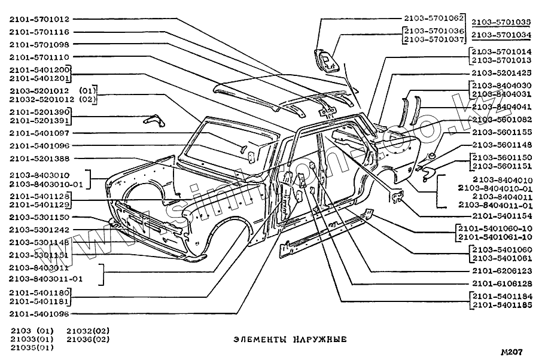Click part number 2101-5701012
tap(39, 19)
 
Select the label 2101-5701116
tap(39, 32)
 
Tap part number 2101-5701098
tap(39, 44)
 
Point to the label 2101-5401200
tap(39, 69)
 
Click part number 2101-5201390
tap(39, 112)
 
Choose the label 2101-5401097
tap(39, 133)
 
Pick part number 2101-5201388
tap(39, 158)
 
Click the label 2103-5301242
tap(39, 230)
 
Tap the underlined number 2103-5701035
tap(501, 22)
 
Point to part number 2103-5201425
tap(501, 73)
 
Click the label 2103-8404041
tap(501, 106)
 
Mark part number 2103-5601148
tap(501, 144)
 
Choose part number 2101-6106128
tap(501, 283)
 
